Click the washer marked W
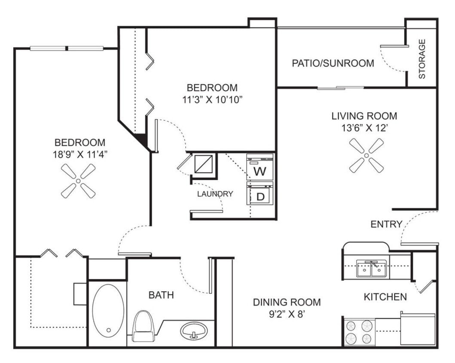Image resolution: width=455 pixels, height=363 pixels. [260, 168]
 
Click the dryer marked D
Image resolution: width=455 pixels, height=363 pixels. [260, 194]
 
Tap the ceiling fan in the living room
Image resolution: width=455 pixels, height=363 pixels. [366, 155]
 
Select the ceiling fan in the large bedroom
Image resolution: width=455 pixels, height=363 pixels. [78, 181]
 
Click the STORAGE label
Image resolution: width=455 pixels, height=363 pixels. [422, 58]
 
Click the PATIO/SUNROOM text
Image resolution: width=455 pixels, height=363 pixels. [333, 63]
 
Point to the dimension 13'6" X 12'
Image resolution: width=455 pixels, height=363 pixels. [364, 128]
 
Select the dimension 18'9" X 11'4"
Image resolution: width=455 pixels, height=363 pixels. [80, 154]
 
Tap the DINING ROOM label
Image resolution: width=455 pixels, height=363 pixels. [286, 302]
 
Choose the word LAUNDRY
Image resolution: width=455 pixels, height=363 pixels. [215, 194]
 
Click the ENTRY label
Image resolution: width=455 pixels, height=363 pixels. [386, 224]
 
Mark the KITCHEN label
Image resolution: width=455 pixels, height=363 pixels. [385, 297]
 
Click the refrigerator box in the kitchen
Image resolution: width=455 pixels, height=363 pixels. [418, 329]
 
